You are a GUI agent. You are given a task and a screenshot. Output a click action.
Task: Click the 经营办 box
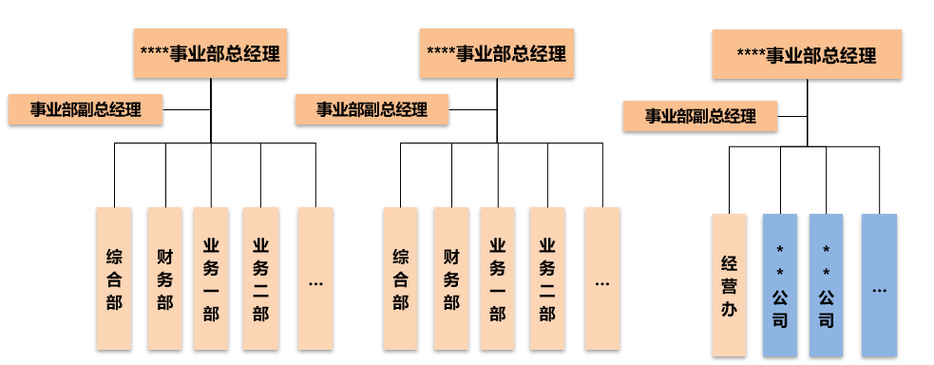(729, 285)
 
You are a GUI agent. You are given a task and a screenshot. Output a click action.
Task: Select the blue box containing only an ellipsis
(879, 285)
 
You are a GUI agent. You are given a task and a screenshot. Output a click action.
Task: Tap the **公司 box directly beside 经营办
(780, 285)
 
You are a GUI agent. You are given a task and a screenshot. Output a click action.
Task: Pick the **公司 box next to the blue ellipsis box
(826, 285)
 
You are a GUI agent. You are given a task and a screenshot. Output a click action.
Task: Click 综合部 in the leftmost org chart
(114, 279)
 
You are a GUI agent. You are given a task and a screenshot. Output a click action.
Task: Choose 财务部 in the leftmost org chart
(165, 279)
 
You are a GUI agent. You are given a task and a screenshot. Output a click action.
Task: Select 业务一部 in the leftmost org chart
(211, 279)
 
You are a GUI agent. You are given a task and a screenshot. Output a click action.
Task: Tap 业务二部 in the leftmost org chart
(260, 279)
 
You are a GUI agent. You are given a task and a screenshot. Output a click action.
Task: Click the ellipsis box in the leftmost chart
(315, 279)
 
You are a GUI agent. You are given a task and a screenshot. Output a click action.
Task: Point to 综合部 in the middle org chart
(400, 279)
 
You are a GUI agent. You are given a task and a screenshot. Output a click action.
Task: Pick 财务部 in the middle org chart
(451, 279)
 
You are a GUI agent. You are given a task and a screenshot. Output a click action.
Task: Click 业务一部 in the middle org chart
(497, 279)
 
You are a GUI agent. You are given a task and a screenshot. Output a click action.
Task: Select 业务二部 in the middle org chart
(547, 279)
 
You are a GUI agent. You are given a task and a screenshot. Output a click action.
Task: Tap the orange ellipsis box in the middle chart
(602, 279)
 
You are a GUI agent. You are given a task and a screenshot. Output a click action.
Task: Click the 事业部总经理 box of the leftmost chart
(210, 53)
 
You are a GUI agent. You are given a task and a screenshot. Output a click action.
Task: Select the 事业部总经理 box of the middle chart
(497, 53)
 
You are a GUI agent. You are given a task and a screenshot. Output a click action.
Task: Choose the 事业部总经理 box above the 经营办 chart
(807, 55)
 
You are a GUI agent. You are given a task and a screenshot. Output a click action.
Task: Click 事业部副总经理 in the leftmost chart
(86, 109)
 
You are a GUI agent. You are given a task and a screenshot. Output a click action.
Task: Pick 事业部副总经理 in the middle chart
(372, 109)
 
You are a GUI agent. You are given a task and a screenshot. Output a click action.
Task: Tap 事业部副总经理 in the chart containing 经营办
(700, 116)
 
